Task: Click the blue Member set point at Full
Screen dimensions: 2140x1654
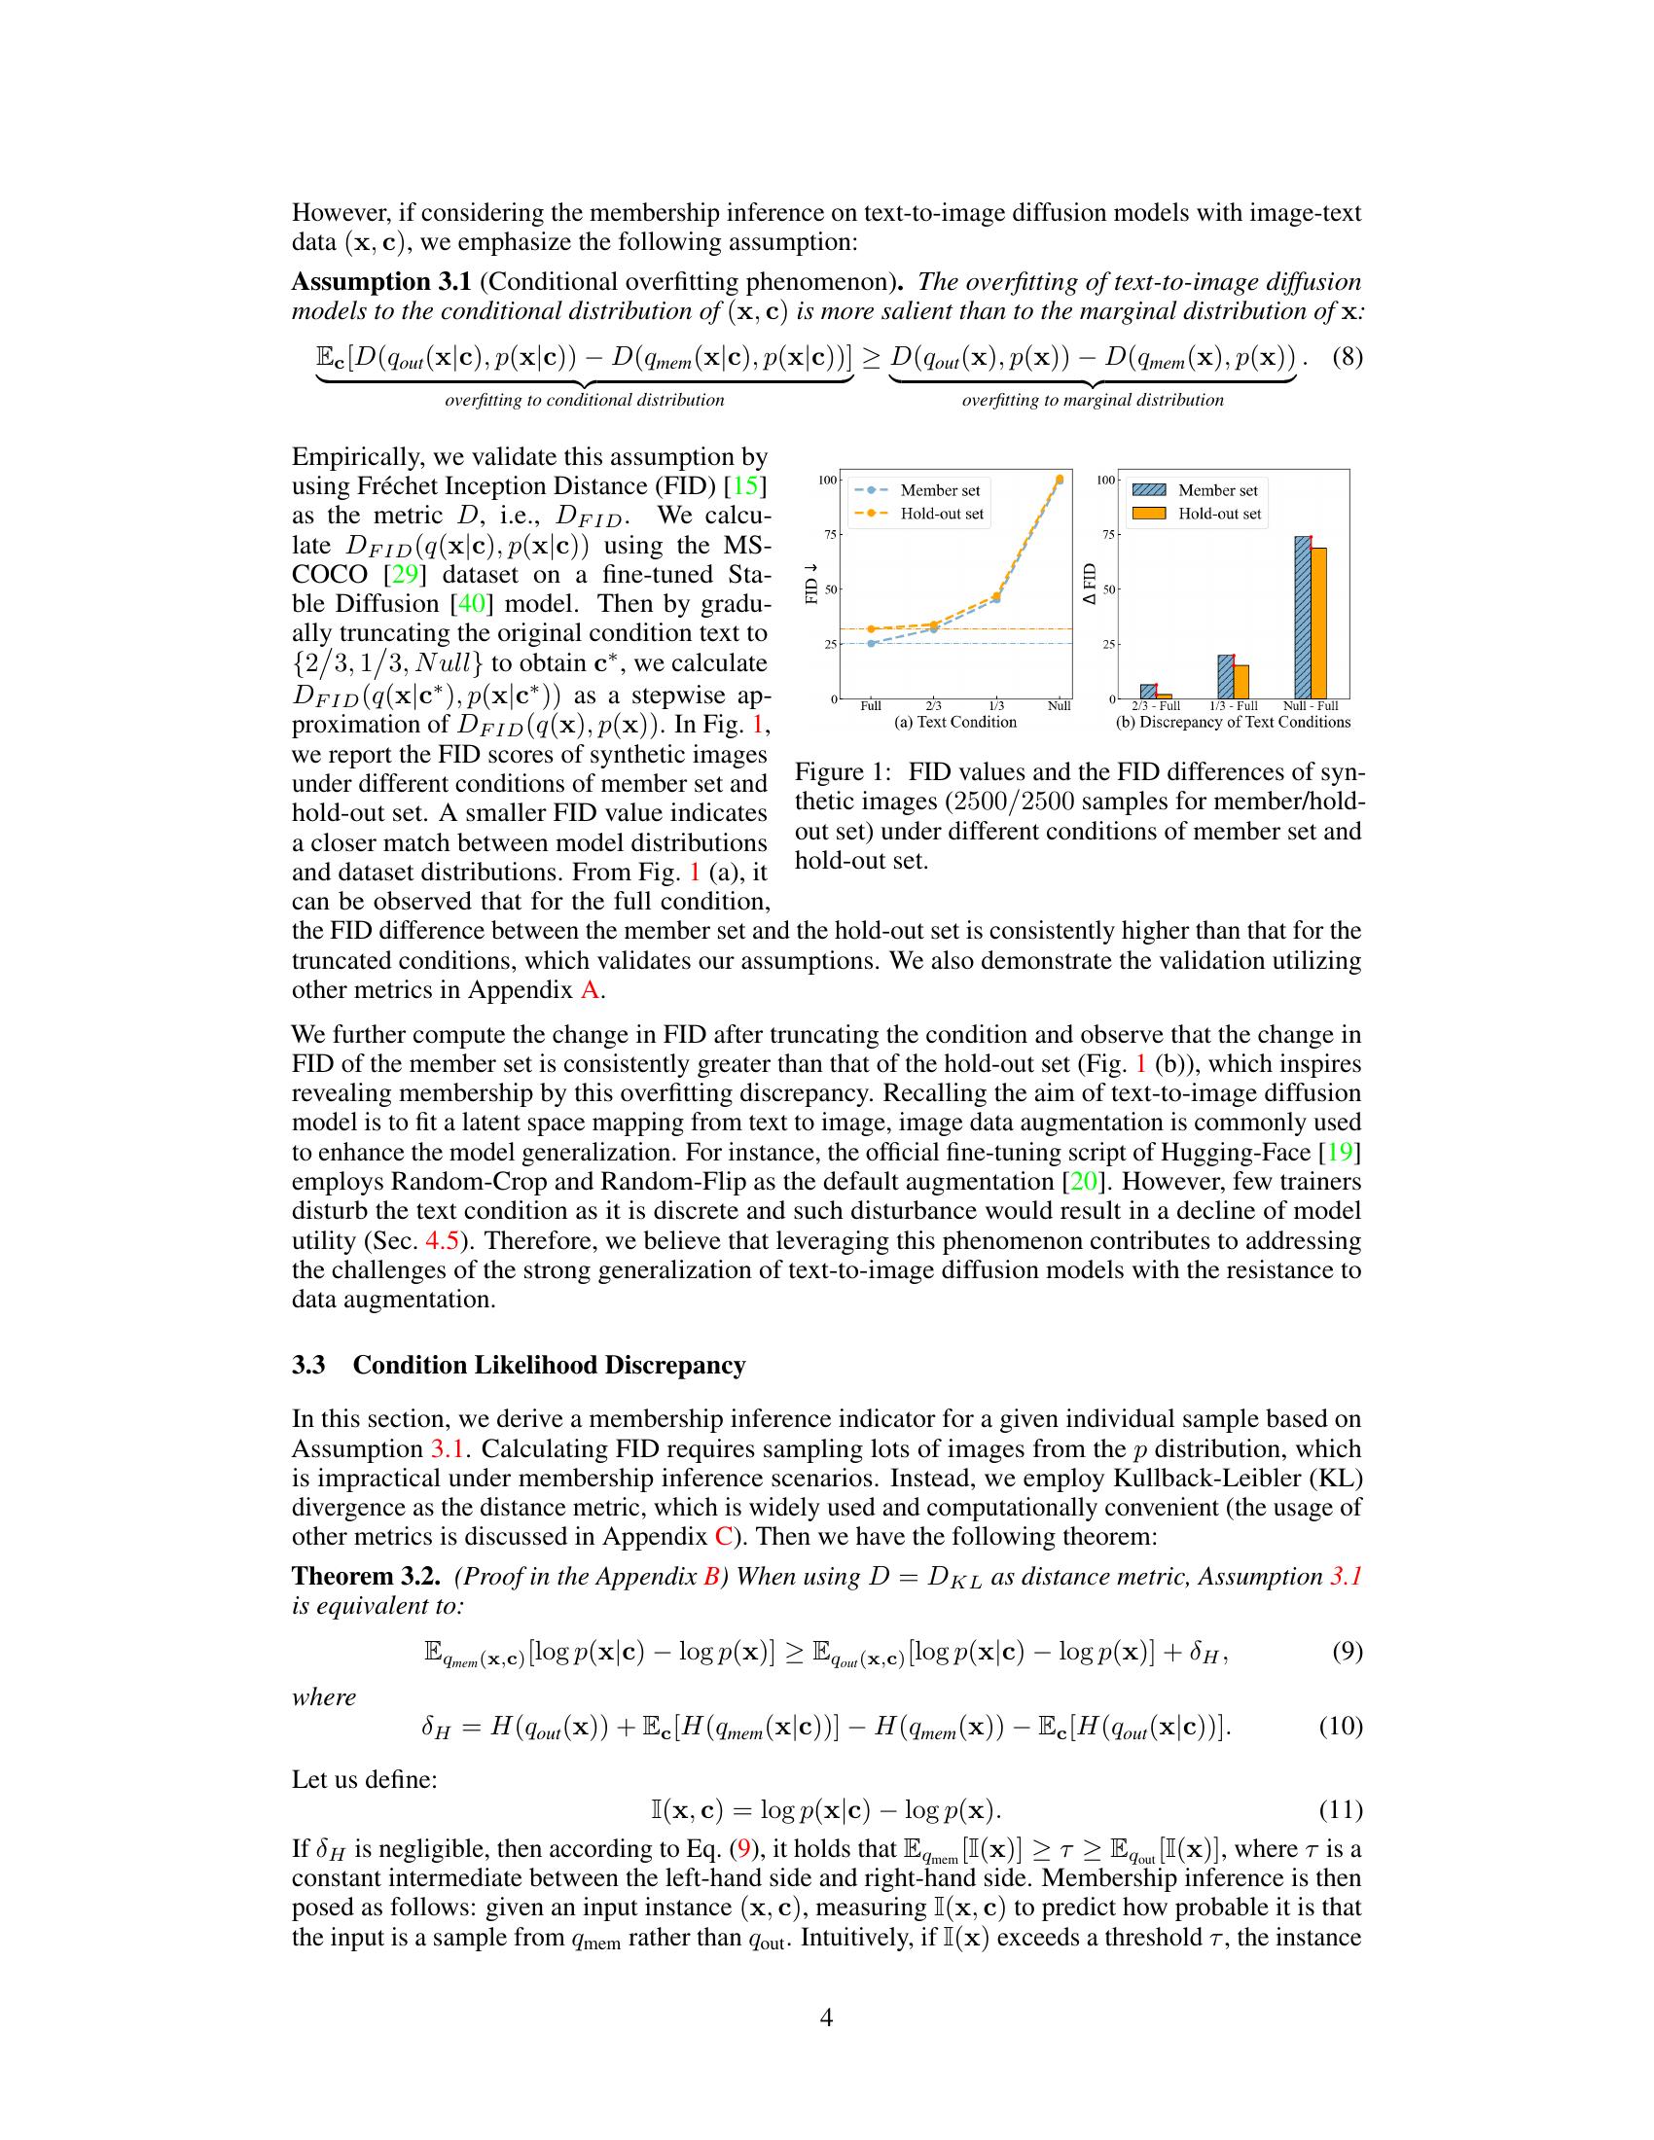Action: pos(871,643)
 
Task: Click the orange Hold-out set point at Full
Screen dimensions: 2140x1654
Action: pos(871,629)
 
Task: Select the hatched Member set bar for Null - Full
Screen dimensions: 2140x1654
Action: pos(1302,617)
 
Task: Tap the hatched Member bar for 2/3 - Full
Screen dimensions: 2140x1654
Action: pos(1148,691)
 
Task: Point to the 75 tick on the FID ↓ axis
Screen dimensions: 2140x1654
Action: pos(830,534)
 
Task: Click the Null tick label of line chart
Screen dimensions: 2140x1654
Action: pos(1059,705)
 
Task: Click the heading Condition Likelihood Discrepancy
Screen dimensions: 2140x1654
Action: pos(549,1365)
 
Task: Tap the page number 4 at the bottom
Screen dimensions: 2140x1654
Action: pos(826,2017)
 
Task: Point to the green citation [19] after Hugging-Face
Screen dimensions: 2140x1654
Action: pos(1346,1153)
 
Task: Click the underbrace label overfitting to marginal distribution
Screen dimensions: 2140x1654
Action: pos(1093,400)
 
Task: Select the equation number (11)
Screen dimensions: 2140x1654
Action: pos(1342,1809)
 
